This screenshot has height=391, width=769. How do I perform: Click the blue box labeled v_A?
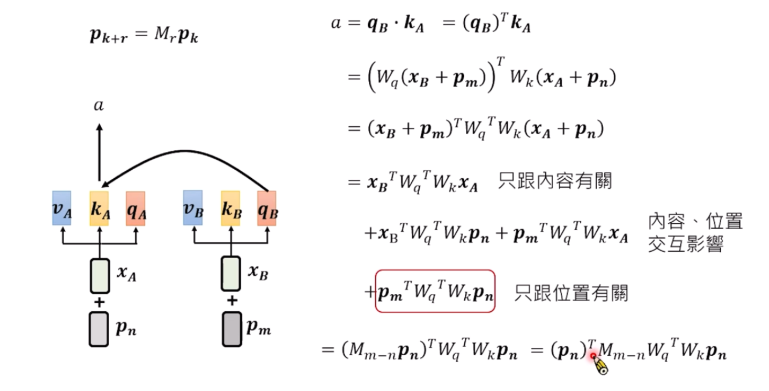tap(62, 209)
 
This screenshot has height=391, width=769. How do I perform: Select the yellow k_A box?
tap(99, 209)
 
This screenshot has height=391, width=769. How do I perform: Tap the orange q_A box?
tap(135, 209)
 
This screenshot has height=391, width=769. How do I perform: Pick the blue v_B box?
tap(193, 209)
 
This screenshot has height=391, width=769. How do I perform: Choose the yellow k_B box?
tap(230, 209)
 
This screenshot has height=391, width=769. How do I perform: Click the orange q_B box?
tap(266, 209)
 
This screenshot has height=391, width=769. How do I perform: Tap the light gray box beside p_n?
tap(99, 330)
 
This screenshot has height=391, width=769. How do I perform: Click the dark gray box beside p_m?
tap(231, 330)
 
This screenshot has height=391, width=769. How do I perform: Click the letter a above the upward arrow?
tap(98, 106)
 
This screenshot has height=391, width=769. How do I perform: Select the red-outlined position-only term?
tap(435, 292)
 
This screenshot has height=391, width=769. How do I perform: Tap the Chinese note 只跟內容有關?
tap(554, 182)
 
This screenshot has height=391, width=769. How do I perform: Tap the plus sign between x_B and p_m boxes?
tap(231, 301)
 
